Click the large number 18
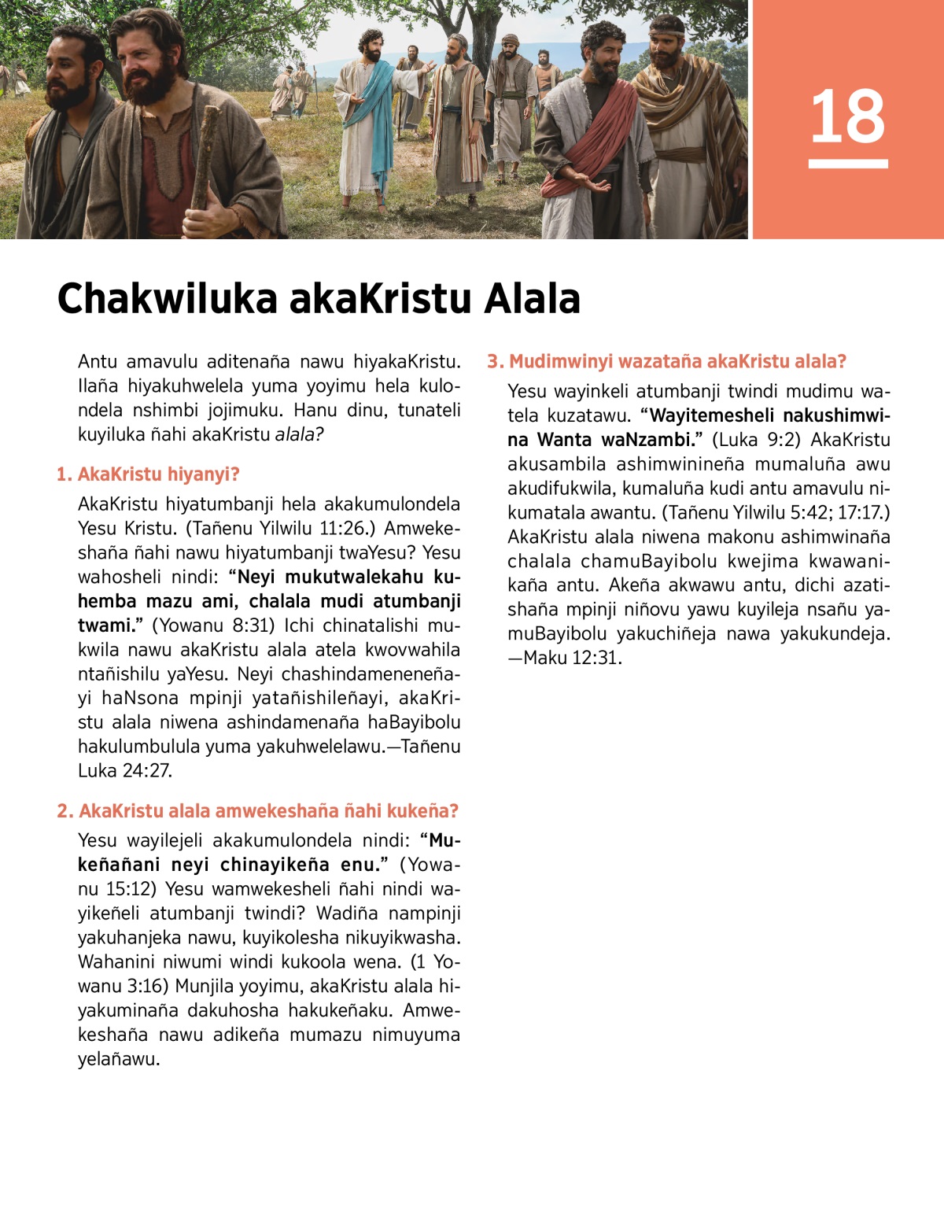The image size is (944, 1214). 847,116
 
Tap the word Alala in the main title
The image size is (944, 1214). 532,299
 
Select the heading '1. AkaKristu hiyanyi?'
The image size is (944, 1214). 148,474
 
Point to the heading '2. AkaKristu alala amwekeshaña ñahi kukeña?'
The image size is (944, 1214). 257,811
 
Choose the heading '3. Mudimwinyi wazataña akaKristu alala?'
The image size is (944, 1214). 666,362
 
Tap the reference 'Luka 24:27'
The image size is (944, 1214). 124,771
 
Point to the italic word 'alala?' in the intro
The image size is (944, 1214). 299,434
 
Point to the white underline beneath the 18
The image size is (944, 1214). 848,164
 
